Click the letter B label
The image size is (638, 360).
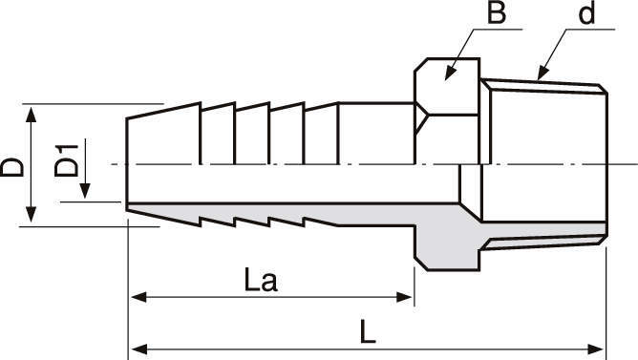(x=497, y=12)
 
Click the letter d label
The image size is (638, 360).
(x=586, y=13)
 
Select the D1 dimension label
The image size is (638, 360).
(x=66, y=160)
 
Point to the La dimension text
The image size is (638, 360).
(x=261, y=280)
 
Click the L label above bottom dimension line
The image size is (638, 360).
(x=368, y=331)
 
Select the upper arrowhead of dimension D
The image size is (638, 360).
(x=31, y=114)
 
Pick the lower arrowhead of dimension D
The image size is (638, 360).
(x=31, y=214)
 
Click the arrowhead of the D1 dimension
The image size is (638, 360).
(x=85, y=191)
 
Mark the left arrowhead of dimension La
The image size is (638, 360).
(x=138, y=297)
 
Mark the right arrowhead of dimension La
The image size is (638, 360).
(x=404, y=297)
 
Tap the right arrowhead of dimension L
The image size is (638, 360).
(x=596, y=349)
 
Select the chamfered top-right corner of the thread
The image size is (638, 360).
(x=603, y=89)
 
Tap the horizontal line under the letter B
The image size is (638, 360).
(x=498, y=30)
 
